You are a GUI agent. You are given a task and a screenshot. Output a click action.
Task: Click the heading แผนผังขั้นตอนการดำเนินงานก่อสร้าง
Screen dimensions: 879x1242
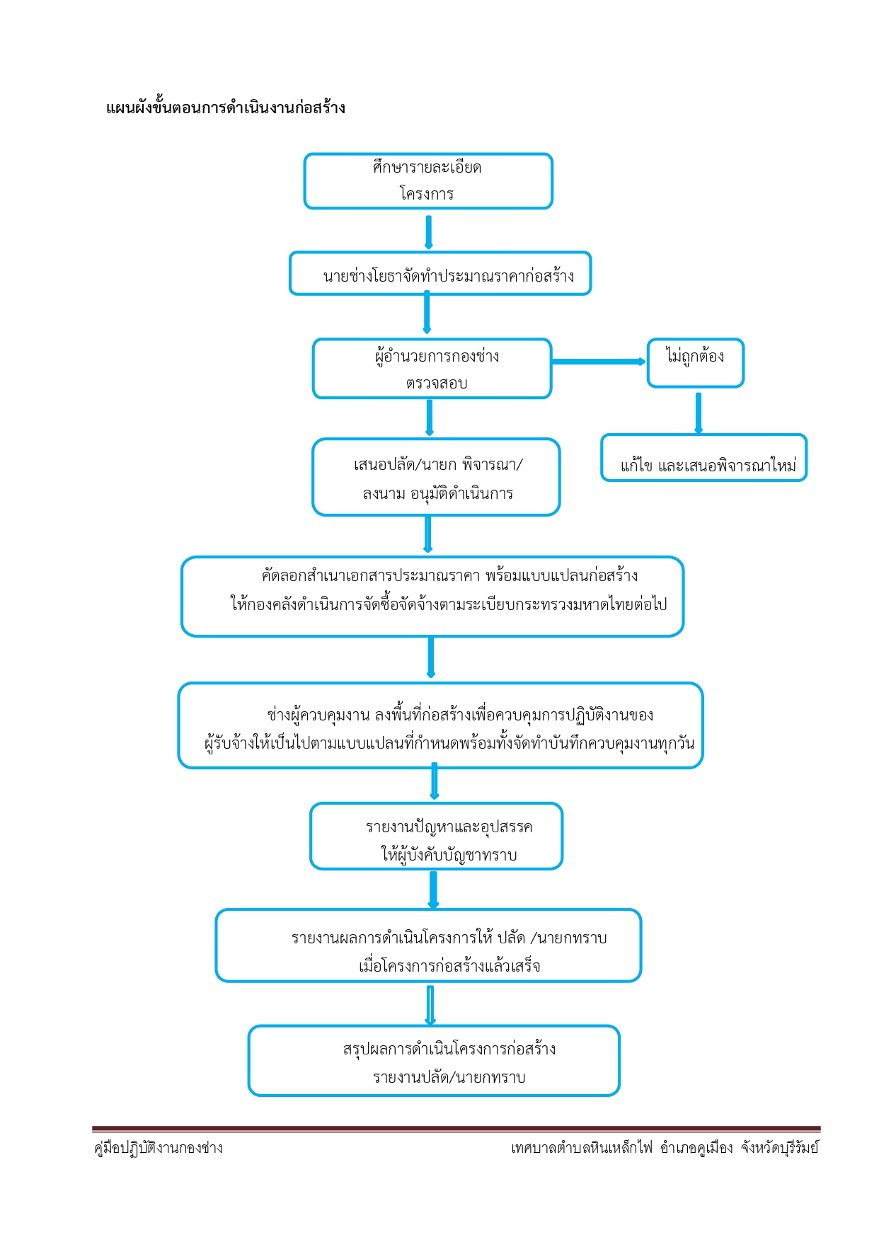point(226,108)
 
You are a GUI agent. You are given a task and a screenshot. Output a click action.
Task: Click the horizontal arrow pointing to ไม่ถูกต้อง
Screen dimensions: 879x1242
point(599,362)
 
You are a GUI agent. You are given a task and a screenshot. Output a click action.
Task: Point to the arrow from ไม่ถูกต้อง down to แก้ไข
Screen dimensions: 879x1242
point(699,413)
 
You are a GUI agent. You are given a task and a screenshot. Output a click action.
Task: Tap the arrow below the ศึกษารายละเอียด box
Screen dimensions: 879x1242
point(428,232)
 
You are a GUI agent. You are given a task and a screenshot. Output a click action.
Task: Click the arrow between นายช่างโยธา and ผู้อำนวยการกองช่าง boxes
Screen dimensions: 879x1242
point(427,313)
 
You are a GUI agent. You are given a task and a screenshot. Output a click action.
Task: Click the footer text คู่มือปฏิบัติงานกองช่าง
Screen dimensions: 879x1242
point(159,1148)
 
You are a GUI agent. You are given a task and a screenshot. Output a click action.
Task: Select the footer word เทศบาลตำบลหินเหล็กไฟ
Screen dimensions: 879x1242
point(582,1148)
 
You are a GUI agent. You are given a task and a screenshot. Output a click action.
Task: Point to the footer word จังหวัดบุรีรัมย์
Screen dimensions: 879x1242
point(780,1148)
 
